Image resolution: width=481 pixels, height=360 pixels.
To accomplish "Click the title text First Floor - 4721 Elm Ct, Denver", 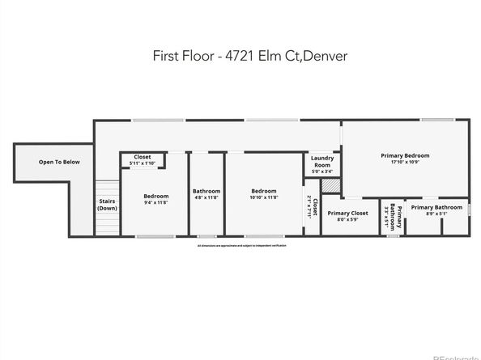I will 240,57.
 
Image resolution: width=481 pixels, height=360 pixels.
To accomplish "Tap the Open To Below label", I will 60,162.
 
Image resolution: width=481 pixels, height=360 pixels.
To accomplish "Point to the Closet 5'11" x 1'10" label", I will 143,159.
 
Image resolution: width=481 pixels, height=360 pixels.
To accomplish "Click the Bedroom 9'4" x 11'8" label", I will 156,199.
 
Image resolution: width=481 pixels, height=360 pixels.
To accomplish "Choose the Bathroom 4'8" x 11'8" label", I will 206,194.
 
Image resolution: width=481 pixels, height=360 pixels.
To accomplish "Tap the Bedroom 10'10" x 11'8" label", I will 264,194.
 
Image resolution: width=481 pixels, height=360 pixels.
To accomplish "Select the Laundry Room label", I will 322,163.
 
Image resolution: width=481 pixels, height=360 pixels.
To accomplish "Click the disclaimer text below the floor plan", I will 240,244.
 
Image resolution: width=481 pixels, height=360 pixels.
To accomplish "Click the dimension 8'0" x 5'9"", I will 347,220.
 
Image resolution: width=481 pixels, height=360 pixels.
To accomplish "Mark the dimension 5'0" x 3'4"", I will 322,172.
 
